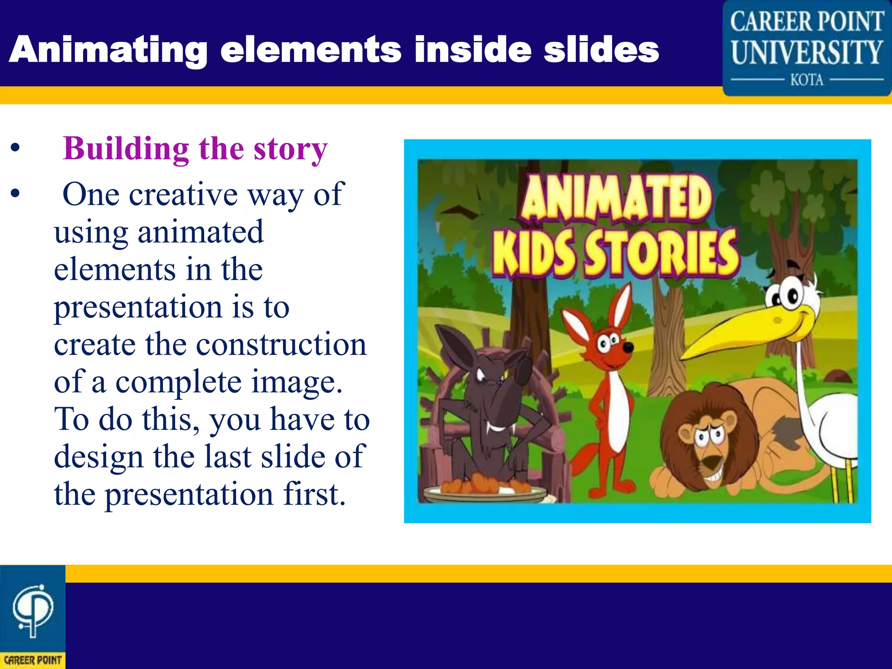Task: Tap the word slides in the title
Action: point(601,49)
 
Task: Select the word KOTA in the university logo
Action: point(807,80)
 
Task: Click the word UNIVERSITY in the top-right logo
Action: point(807,52)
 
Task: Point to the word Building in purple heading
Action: point(126,149)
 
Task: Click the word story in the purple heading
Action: point(291,149)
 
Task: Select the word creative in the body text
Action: point(183,194)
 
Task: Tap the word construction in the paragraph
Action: point(281,345)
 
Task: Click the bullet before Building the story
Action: point(16,149)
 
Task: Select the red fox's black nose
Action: point(628,347)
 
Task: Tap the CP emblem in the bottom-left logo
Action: point(33,610)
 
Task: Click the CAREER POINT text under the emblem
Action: point(33,660)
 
